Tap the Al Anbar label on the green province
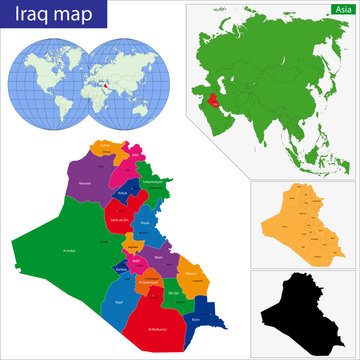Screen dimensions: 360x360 tap(70, 250)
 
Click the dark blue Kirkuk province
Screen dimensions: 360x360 tap(124, 189)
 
